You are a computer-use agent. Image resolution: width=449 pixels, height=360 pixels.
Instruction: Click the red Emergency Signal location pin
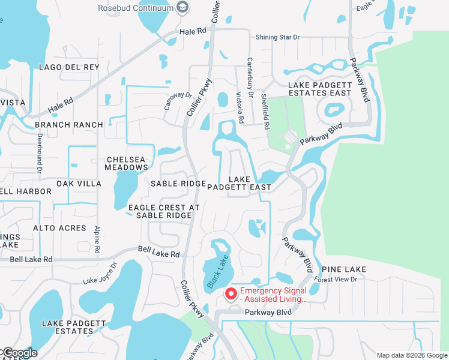231,294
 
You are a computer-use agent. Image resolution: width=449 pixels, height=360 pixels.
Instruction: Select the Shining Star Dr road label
277,37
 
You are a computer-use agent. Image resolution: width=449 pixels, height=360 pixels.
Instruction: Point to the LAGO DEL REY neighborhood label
68,67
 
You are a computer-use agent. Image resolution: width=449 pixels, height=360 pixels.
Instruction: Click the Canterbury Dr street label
249,71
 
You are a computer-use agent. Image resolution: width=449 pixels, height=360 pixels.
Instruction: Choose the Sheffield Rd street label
265,110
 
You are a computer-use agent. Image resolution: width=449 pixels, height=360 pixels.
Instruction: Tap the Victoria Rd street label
240,107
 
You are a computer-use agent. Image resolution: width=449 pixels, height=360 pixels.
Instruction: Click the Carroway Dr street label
178,100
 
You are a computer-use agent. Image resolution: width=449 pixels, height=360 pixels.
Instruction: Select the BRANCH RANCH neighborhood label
69,125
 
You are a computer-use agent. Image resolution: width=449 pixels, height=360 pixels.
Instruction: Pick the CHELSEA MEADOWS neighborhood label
126,163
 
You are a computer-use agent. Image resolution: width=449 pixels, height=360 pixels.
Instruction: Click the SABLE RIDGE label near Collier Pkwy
178,184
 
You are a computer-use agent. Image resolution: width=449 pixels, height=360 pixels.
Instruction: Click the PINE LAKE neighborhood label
344,270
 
